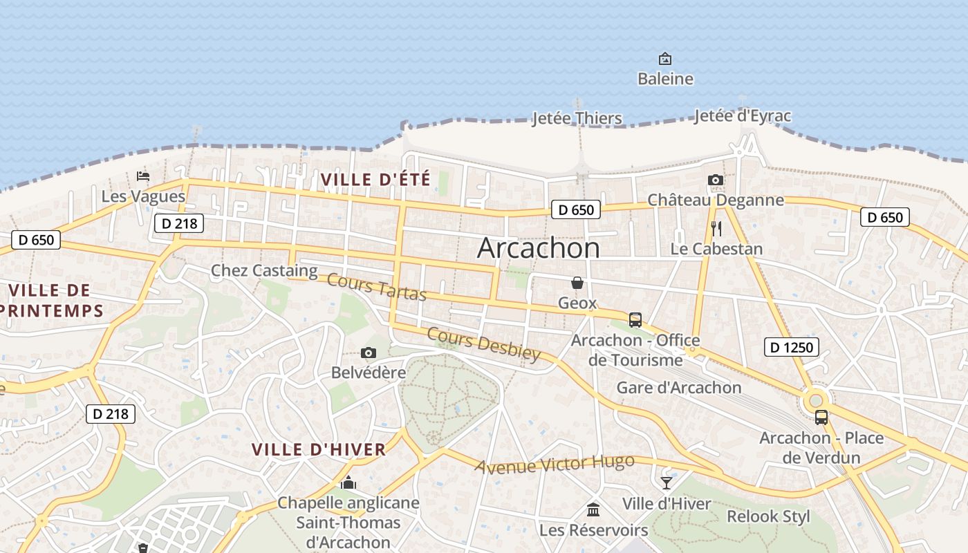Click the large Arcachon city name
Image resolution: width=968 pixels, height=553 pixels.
click(539, 248)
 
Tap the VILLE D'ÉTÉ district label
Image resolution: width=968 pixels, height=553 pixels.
click(375, 180)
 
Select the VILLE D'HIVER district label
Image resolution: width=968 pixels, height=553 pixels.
click(319, 449)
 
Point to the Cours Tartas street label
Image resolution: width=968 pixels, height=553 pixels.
click(377, 287)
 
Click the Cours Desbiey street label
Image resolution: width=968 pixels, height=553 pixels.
click(483, 344)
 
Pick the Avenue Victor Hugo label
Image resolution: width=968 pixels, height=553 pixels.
click(555, 464)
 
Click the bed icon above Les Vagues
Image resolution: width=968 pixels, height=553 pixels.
click(143, 176)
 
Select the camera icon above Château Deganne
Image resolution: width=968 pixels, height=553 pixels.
click(716, 180)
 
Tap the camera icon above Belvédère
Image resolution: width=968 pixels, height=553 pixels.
click(369, 353)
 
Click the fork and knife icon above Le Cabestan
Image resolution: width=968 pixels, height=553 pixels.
click(716, 229)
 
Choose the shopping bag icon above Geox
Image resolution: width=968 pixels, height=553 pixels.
click(577, 283)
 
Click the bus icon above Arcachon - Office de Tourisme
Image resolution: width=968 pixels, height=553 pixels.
click(635, 320)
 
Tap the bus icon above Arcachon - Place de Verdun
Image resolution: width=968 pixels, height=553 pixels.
click(821, 418)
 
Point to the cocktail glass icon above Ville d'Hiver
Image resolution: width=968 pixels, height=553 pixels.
click(667, 483)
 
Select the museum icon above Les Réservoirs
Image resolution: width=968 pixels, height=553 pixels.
click(593, 510)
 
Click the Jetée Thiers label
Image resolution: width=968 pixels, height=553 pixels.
click(577, 118)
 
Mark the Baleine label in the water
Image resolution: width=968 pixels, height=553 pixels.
click(665, 79)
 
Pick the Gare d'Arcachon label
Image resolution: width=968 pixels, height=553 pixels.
click(679, 387)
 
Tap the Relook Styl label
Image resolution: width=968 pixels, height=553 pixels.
click(768, 516)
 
